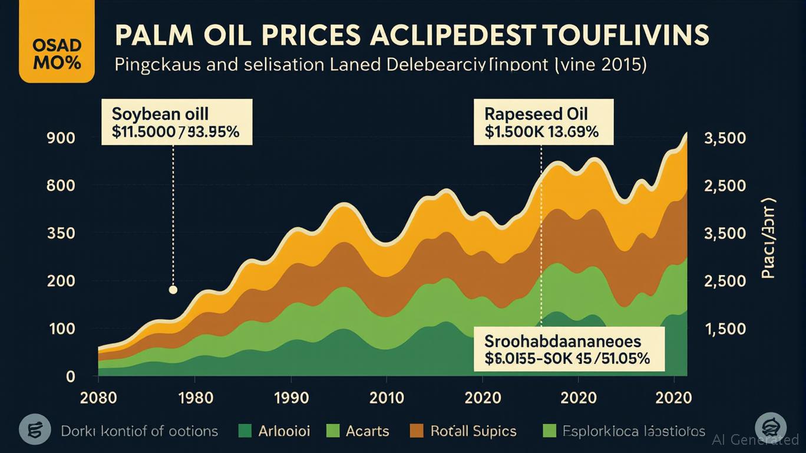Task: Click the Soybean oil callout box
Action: point(177,122)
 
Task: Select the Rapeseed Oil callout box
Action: point(543,122)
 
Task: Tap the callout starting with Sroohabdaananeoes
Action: point(569,349)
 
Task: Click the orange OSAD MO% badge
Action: point(57,55)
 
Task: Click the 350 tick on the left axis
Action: point(61,233)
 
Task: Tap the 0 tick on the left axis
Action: point(70,376)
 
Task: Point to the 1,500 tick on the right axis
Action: point(725,329)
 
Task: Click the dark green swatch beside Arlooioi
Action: point(245,431)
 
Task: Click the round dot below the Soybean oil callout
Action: point(173,290)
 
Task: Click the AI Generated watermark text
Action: point(755,439)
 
